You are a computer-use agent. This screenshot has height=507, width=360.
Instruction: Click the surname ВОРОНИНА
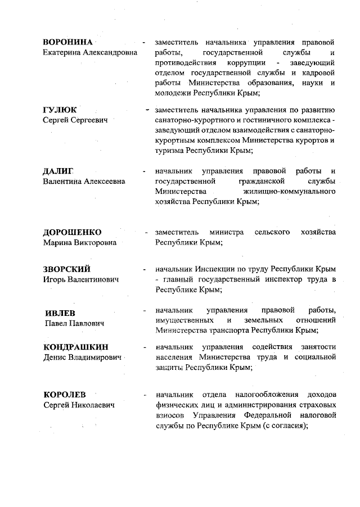click(x=67, y=42)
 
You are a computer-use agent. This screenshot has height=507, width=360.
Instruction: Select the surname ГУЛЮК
click(x=60, y=110)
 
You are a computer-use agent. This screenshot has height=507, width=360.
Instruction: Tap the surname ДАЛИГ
click(x=58, y=171)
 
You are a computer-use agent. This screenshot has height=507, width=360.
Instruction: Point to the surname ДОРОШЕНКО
click(x=73, y=233)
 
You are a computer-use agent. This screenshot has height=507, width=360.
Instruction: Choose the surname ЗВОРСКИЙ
click(x=67, y=269)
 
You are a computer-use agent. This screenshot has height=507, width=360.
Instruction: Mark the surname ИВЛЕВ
click(x=60, y=313)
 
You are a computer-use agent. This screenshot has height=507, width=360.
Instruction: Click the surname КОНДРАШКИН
click(x=75, y=347)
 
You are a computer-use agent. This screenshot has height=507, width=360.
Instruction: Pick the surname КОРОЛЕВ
click(x=65, y=394)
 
